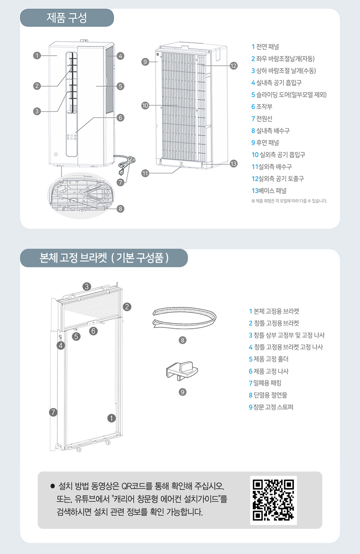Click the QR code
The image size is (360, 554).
tap(273, 500)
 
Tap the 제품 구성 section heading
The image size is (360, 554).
tap(67, 18)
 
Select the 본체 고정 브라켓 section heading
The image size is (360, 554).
tap(104, 258)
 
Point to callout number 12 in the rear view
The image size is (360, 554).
tap(234, 66)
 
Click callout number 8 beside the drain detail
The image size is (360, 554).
tap(121, 209)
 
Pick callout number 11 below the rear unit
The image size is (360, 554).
tap(145, 173)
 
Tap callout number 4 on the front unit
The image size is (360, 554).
tap(121, 56)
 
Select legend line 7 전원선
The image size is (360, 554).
tap(262, 119)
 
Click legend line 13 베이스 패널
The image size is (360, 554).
tap(269, 191)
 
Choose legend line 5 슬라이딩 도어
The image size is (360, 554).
tap(289, 95)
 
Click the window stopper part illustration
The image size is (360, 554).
tap(182, 371)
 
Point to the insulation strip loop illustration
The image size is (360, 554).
tap(185, 318)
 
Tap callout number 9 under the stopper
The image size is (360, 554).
tap(183, 392)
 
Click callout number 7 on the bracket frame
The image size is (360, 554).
tap(53, 412)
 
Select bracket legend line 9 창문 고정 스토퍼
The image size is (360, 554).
tap(271, 407)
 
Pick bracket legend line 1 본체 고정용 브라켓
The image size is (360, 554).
tap(274, 311)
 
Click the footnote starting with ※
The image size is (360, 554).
tap(289, 201)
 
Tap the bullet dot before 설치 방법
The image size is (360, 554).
tap(52, 486)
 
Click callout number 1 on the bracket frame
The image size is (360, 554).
tap(111, 418)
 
